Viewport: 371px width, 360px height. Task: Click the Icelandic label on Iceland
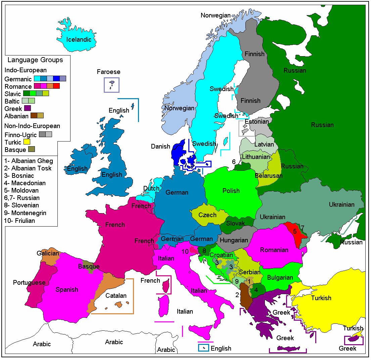(x=79, y=39)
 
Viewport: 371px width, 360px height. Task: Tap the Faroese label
(x=108, y=72)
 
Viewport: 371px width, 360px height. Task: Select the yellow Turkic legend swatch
(x=27, y=142)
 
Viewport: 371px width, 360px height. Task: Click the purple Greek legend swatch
(x=27, y=108)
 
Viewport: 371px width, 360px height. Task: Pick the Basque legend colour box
(x=32, y=150)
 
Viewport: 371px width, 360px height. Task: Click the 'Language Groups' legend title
(x=35, y=60)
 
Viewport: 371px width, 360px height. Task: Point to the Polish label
(x=231, y=191)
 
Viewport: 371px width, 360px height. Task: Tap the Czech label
(x=207, y=215)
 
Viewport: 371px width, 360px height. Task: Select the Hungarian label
(x=234, y=240)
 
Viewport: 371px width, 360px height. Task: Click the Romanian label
(x=274, y=250)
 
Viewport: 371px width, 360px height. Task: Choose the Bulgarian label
(x=280, y=278)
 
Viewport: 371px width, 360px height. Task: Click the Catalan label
(x=116, y=295)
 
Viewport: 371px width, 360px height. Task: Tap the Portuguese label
(x=29, y=282)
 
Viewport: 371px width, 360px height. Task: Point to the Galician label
(x=48, y=253)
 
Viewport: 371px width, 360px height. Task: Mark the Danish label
(x=160, y=147)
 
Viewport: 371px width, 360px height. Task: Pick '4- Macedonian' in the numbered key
(x=25, y=183)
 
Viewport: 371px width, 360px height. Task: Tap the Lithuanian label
(x=256, y=157)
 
